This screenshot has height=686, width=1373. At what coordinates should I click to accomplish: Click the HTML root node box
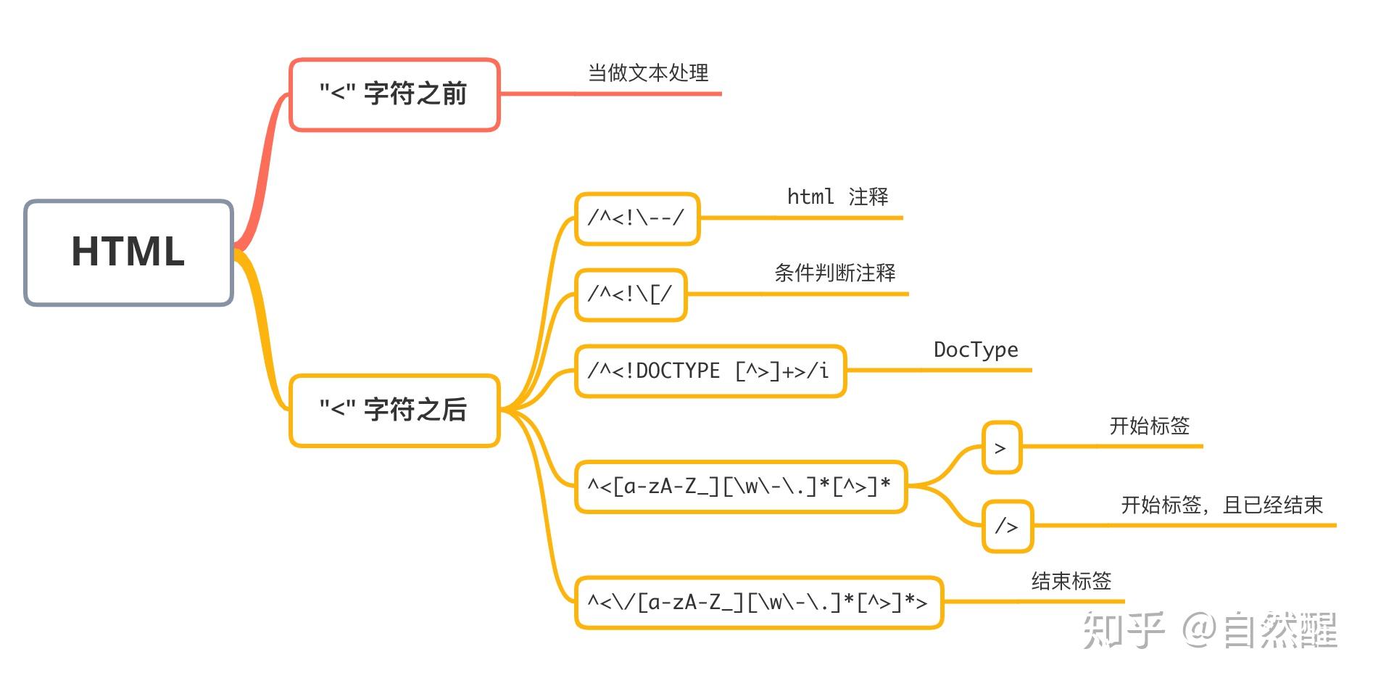point(128,252)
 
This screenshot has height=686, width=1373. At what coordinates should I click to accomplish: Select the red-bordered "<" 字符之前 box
point(394,95)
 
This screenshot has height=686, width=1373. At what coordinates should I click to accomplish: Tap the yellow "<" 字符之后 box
point(394,410)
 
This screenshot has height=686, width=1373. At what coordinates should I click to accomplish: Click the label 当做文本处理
point(647,73)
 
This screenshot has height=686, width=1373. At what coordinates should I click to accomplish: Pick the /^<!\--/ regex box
point(636,218)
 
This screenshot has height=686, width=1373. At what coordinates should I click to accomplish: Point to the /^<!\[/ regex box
point(630,294)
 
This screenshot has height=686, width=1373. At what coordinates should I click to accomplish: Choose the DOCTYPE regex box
point(710,371)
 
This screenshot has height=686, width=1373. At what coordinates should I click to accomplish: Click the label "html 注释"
point(837,197)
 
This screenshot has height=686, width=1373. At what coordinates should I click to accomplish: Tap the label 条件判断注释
point(834,273)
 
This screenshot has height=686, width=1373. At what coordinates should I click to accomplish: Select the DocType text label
point(975,350)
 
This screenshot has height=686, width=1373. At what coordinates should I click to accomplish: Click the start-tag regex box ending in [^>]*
point(740,487)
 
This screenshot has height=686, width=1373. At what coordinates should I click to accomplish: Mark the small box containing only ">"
point(1001,448)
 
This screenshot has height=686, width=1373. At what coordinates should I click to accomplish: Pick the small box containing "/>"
point(1007,526)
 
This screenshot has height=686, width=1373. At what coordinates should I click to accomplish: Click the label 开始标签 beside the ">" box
point(1149,426)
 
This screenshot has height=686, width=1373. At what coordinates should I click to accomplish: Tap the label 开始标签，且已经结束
point(1221,505)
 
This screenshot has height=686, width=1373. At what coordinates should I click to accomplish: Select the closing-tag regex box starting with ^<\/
point(758,603)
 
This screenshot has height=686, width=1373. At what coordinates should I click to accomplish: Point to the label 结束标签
point(1071,581)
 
